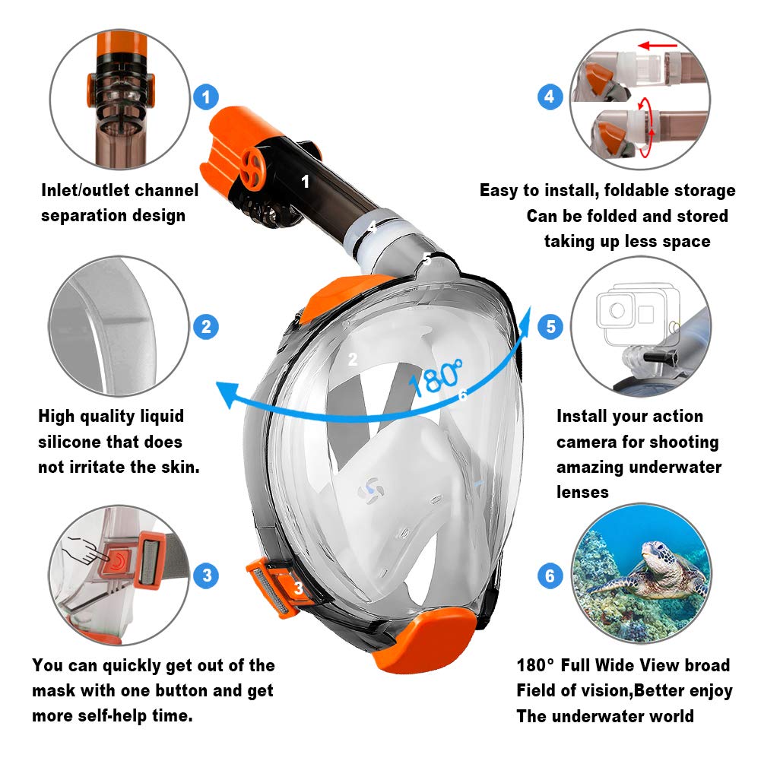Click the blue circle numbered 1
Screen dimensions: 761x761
click(x=206, y=97)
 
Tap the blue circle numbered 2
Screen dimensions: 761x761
click(x=206, y=328)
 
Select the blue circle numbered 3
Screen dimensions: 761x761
click(x=206, y=575)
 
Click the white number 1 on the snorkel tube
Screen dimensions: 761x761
click(x=306, y=182)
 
